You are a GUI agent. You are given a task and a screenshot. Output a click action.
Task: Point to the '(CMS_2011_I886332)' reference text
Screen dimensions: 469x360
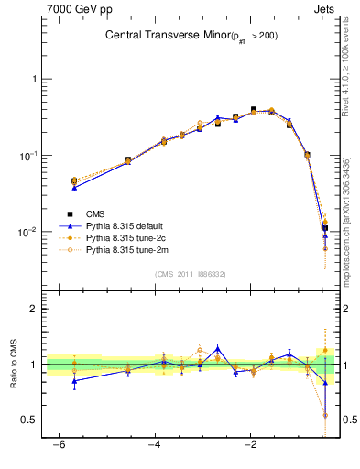190,274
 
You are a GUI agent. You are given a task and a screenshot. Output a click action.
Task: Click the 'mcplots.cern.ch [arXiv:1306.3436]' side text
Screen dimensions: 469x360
351,215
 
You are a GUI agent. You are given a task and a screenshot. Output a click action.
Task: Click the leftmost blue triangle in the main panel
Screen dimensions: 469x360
74,187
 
